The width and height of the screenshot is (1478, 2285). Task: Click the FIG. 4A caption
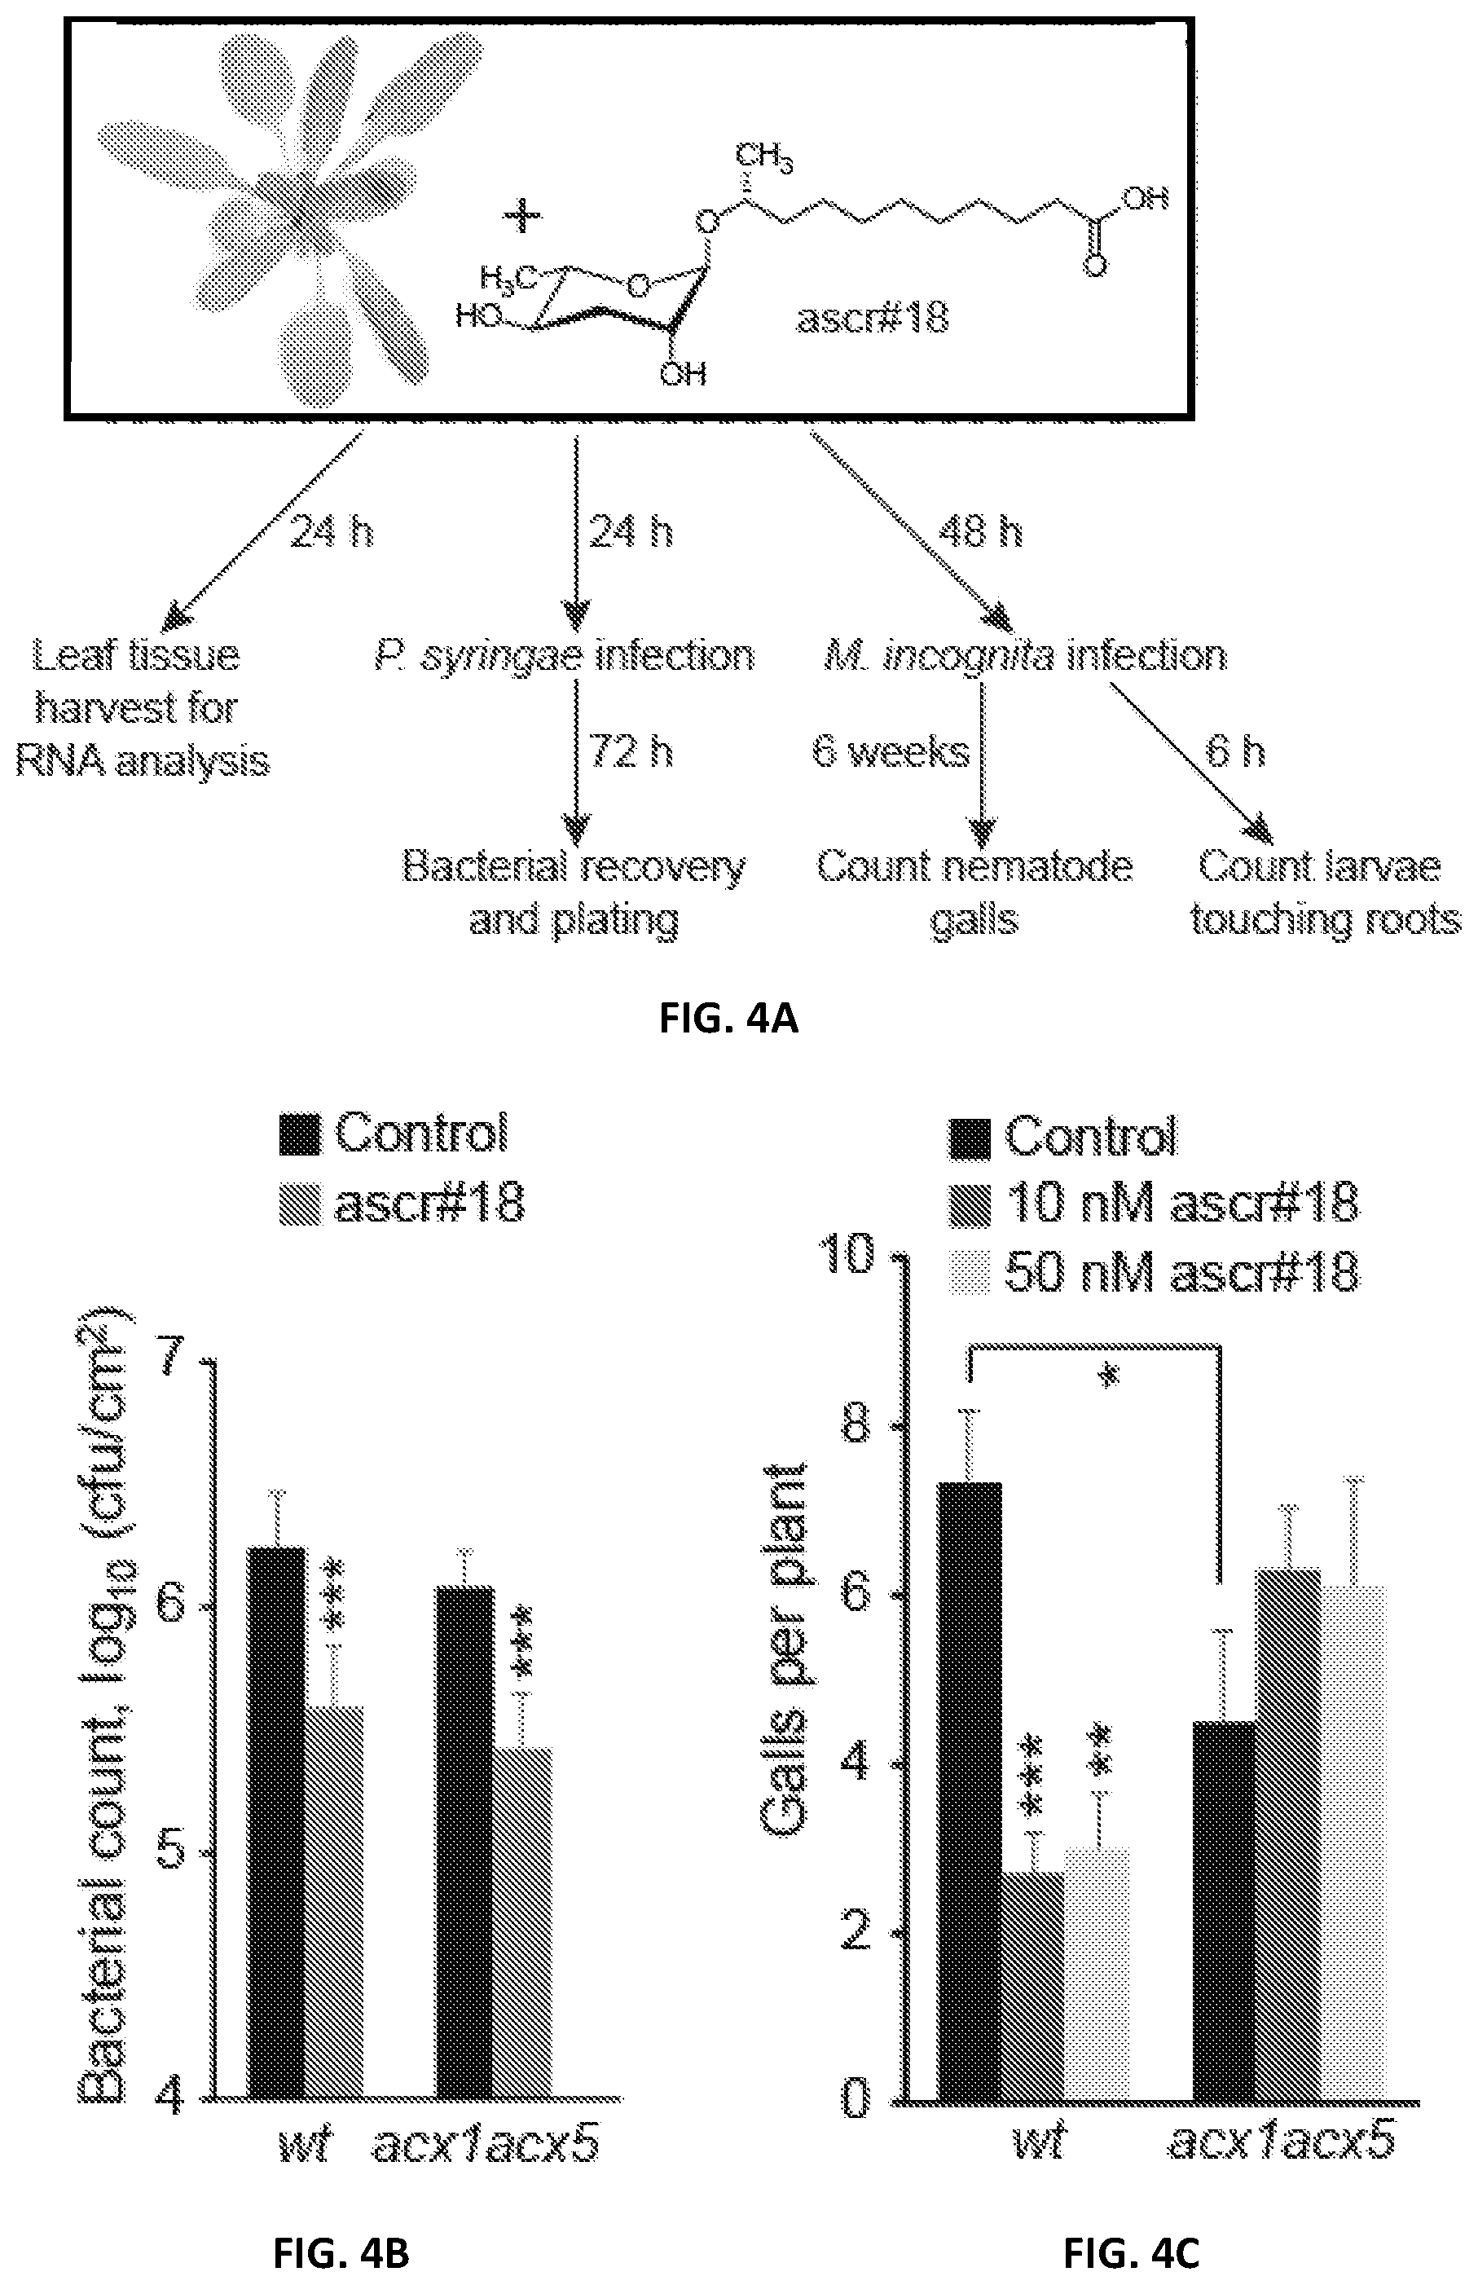728,1018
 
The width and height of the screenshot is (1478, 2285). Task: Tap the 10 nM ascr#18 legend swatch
970,1206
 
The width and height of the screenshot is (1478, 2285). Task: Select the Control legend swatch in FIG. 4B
301,1135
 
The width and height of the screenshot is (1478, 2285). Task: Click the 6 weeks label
891,751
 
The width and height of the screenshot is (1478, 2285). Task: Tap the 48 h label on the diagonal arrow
981,531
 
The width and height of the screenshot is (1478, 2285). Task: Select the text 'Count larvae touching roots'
1325,893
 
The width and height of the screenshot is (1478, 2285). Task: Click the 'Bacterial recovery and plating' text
574,893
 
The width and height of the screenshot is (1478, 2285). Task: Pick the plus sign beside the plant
523,216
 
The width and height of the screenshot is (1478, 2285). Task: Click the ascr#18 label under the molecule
873,318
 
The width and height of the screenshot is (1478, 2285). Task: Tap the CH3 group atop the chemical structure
764,156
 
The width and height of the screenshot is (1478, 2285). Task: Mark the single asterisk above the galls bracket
1111,1376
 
